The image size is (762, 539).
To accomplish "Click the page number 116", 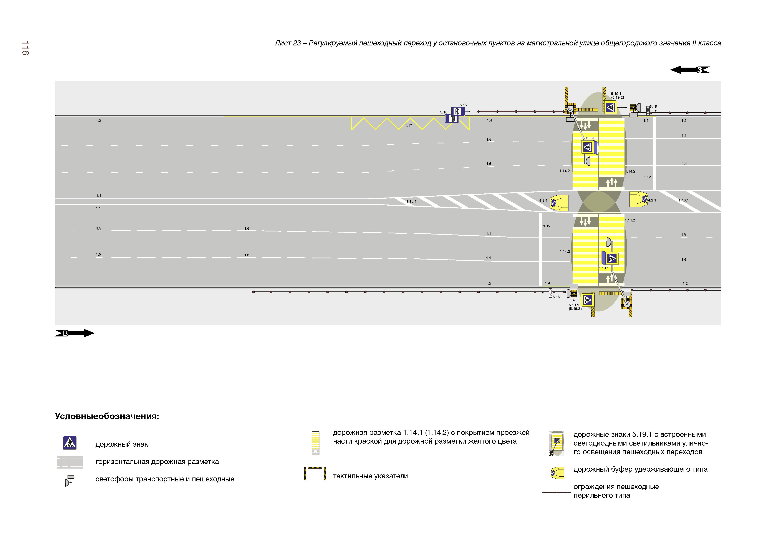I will click(x=25, y=48).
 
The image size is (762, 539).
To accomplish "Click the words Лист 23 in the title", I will click(x=287, y=43).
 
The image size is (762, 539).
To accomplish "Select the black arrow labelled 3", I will click(x=690, y=70).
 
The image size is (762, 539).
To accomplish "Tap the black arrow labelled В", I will click(x=74, y=333).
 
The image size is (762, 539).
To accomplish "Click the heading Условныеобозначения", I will click(x=107, y=416).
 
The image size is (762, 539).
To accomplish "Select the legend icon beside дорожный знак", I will click(x=70, y=443).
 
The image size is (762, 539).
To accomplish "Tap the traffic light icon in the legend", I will click(x=70, y=480).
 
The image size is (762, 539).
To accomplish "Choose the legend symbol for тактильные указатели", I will click(x=315, y=473).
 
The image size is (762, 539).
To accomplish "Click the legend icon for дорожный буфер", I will click(x=557, y=472).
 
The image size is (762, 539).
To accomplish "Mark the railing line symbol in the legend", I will click(x=556, y=492).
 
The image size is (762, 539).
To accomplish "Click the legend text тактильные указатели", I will click(x=370, y=476).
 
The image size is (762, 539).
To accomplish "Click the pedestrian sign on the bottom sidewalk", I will click(x=587, y=300).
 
